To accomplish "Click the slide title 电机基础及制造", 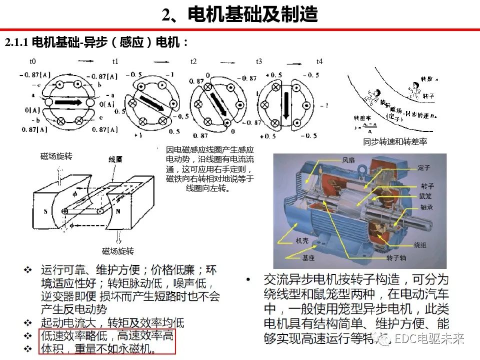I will [252, 15].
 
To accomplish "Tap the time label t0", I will [32, 61].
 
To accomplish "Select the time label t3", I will [259, 61].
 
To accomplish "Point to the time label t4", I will [319, 61].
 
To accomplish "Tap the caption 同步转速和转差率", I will [395, 142].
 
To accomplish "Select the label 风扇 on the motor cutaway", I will [348, 161].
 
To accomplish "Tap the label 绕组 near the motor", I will [420, 245].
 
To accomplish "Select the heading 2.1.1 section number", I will [17, 43].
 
